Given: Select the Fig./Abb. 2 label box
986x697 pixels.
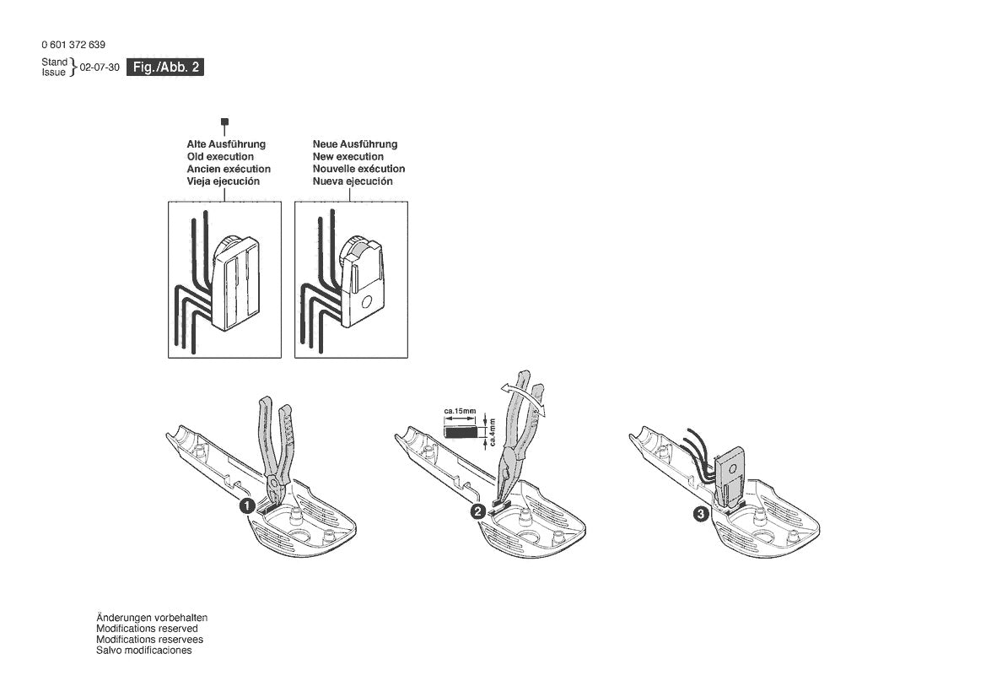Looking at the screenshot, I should click(x=165, y=68).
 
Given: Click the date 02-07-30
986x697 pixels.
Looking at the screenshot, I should click(x=100, y=68).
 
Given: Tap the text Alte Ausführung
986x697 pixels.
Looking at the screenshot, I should click(x=225, y=144).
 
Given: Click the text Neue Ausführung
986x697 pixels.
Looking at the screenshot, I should click(x=354, y=144).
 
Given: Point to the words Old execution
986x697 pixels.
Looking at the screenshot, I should click(x=219, y=157).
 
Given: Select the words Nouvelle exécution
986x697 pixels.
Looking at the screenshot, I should click(x=358, y=169).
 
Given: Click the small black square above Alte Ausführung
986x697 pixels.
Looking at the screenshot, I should click(x=224, y=123).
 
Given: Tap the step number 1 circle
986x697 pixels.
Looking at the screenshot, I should click(x=245, y=506).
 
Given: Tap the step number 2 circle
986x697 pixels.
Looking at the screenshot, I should click(x=478, y=511).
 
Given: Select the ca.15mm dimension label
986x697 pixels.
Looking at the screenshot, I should click(x=460, y=412).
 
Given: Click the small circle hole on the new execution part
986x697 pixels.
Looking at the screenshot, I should click(x=364, y=301).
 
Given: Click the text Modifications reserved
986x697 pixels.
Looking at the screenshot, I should click(x=147, y=629).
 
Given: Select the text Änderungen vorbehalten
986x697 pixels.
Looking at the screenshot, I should click(x=151, y=618).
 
